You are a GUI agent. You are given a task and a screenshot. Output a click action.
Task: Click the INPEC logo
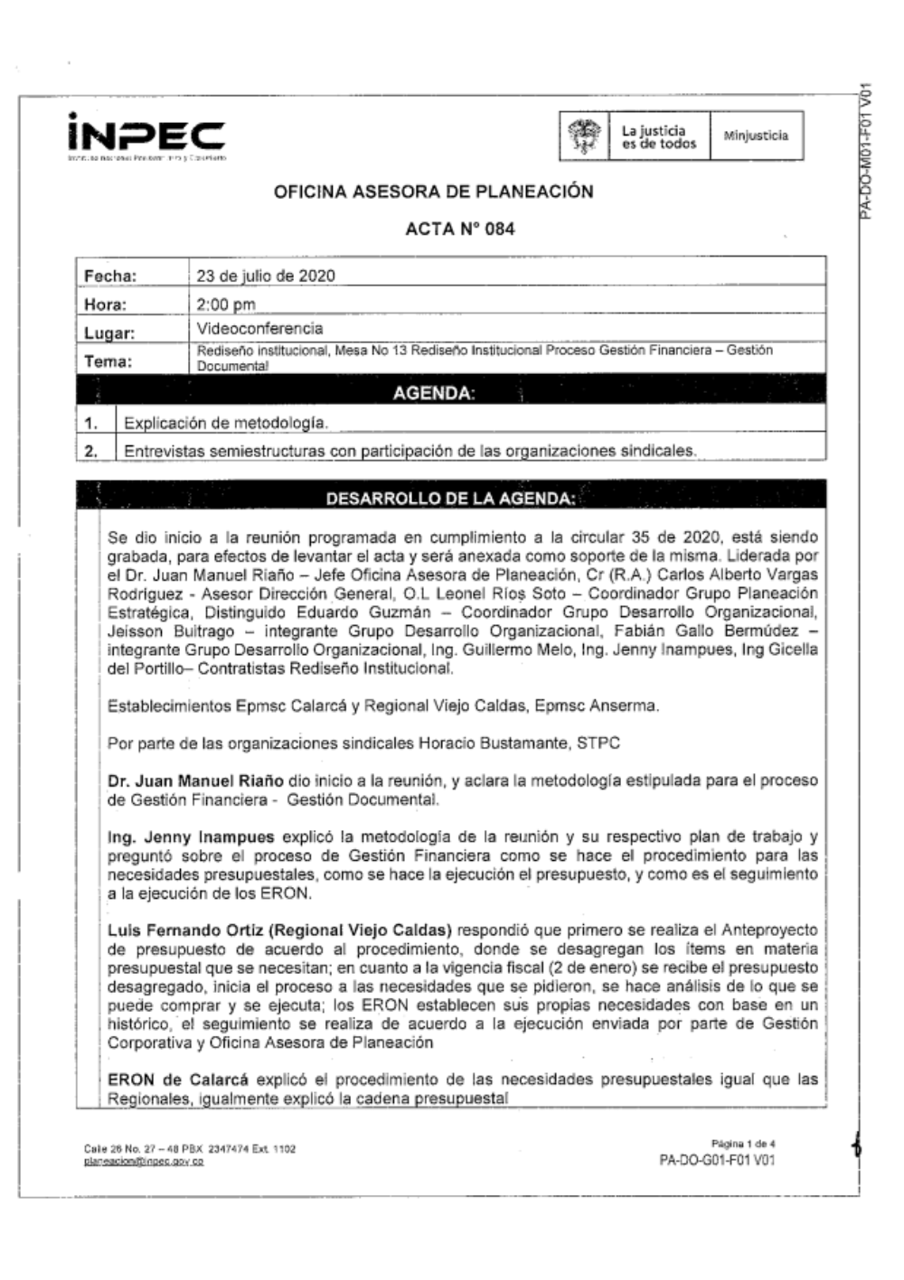click(146, 135)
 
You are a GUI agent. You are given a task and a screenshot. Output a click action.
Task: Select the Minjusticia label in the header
click(756, 136)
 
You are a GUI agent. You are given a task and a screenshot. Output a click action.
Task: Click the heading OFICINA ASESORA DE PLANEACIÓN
click(434, 192)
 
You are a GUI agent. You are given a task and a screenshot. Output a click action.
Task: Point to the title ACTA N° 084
click(460, 229)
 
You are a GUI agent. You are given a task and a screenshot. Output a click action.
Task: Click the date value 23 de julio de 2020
click(266, 276)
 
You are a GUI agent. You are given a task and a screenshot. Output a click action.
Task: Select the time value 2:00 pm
click(226, 304)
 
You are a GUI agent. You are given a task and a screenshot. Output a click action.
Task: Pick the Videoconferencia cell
click(259, 329)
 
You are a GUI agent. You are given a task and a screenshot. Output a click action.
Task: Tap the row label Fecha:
click(110, 276)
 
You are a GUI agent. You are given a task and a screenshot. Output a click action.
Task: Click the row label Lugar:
click(109, 333)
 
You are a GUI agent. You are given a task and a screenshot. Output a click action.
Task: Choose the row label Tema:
click(108, 361)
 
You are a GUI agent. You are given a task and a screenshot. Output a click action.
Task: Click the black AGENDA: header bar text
click(434, 393)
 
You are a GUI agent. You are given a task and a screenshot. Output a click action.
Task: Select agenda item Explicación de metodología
click(226, 423)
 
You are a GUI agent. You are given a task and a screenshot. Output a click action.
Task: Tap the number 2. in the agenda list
click(90, 451)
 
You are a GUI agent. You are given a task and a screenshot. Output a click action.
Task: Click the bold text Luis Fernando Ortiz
click(184, 930)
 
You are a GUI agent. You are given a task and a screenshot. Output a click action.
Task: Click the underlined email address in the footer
click(143, 1162)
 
